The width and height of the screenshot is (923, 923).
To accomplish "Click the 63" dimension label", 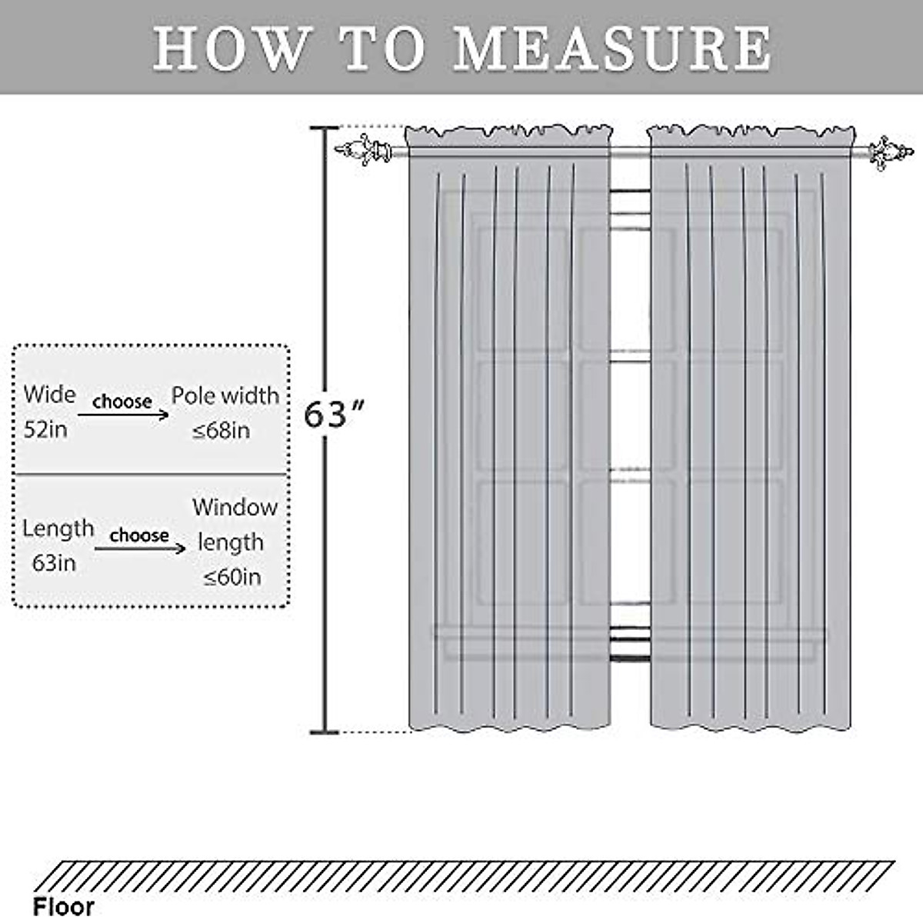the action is [333, 415].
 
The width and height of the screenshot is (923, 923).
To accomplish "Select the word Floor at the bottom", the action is [63, 906].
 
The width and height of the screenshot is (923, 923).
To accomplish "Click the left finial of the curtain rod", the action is [363, 148].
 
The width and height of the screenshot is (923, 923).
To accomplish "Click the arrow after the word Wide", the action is [123, 415].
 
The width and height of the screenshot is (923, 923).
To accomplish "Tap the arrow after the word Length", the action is [140, 547].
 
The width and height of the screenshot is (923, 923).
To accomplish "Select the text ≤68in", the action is [222, 430].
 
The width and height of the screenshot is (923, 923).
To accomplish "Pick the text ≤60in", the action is [232, 577].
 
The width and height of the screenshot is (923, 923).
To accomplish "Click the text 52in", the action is [45, 429].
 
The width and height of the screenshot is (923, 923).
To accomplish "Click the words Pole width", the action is [225, 395].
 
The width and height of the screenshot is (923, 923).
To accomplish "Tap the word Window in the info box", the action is [235, 508].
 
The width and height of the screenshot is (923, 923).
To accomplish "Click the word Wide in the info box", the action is [49, 395].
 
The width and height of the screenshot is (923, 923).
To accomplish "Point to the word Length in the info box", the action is [58, 528].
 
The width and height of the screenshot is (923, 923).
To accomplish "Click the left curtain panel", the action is [508, 431].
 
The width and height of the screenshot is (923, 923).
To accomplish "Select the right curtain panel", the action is [750, 431].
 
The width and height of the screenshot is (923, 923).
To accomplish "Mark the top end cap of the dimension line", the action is [324, 128].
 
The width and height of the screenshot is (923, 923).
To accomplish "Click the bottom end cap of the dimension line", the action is [324, 731].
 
